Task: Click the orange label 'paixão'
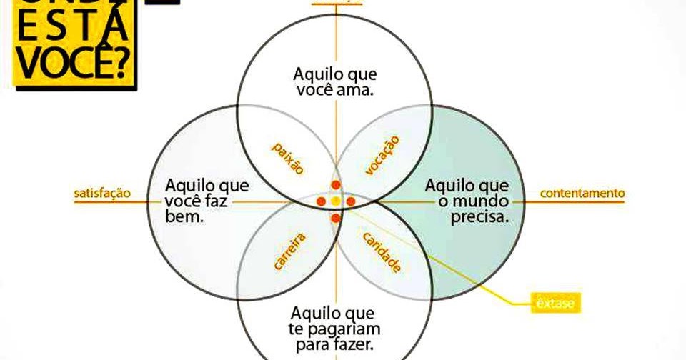pyautogui.click(x=288, y=158)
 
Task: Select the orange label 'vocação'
pyautogui.click(x=381, y=155)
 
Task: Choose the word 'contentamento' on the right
pyautogui.click(x=582, y=193)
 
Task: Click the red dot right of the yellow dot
pyautogui.click(x=351, y=201)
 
